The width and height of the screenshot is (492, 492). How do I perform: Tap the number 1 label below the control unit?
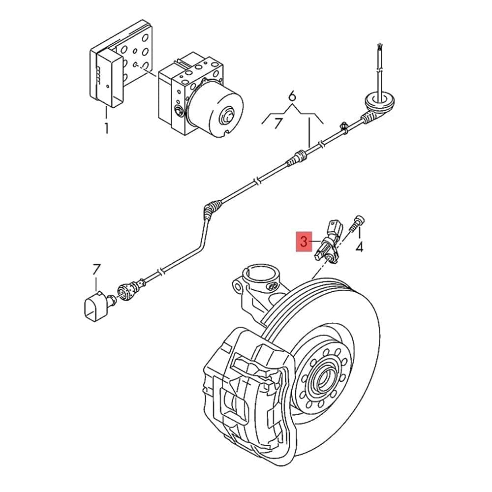click(x=106, y=129)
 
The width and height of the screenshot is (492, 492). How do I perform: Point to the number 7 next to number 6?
click(x=278, y=123)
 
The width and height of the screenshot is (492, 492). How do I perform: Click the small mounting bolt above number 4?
click(x=358, y=221)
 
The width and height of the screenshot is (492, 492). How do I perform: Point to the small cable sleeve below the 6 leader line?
click(x=298, y=158)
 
